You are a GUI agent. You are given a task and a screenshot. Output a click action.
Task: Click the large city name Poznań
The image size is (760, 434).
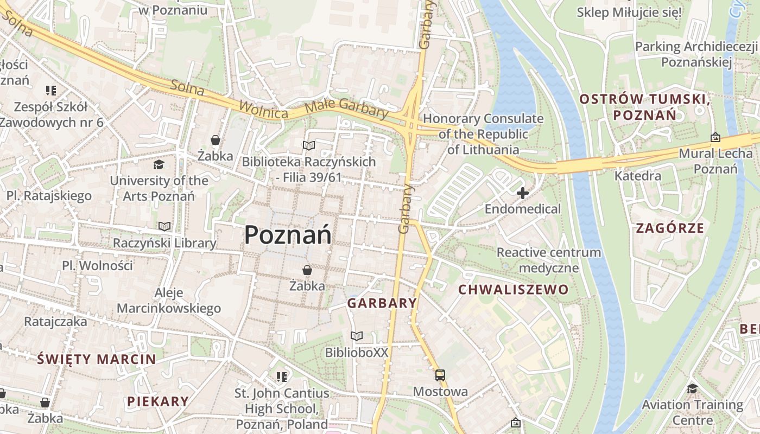[x=288, y=235]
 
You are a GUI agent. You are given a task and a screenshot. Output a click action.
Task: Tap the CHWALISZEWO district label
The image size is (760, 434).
[x=513, y=290]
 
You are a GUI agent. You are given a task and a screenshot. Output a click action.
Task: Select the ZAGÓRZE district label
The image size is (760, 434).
[x=670, y=228]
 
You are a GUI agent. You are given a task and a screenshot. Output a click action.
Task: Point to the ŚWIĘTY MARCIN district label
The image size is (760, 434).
[x=97, y=359]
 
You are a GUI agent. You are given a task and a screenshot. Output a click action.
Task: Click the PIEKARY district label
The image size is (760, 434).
[x=158, y=401]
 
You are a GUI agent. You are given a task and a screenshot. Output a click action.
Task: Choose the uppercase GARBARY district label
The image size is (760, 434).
[x=382, y=303]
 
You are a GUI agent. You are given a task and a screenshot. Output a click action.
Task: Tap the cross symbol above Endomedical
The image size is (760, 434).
[x=523, y=193]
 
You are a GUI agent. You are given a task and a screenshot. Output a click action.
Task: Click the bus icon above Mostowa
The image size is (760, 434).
[x=440, y=375]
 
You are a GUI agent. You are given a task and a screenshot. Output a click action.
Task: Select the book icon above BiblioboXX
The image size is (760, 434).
[x=356, y=336]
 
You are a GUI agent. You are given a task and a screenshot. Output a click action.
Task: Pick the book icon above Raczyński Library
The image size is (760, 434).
[x=164, y=226]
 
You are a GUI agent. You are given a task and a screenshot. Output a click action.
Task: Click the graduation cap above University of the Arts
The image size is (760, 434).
[x=159, y=164]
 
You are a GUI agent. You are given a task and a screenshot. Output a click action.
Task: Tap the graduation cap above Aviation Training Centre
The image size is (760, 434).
[x=692, y=388]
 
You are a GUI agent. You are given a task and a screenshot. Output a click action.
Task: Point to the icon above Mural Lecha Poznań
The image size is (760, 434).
[x=715, y=137]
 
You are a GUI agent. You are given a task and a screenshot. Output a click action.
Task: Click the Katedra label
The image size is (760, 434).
[x=637, y=176]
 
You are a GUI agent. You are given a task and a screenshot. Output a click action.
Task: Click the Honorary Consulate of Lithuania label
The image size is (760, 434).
[x=483, y=134]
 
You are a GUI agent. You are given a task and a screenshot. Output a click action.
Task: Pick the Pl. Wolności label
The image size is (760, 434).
[x=97, y=266]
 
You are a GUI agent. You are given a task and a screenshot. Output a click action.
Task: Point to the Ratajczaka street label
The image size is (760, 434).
[x=55, y=321]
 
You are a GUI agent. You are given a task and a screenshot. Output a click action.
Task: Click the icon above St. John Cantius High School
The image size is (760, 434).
[x=281, y=376]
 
